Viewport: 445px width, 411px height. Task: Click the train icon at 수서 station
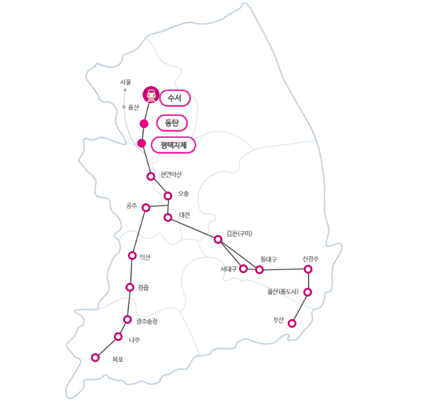151,95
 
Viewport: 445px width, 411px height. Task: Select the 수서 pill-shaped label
175,98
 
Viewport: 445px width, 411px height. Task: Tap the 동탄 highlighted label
172,123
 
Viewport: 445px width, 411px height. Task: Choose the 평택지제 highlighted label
173,145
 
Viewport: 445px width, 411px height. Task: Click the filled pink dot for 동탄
144,124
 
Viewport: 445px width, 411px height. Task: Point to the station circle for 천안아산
151,176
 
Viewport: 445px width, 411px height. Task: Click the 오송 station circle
168,196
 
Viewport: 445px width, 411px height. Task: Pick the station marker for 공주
146,207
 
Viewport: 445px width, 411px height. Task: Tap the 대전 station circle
168,217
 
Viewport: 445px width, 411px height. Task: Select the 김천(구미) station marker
218,239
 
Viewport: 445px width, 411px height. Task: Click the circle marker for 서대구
244,268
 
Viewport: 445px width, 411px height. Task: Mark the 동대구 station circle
259,270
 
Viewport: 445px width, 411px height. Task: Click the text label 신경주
310,259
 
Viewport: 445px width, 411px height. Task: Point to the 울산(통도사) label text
283,291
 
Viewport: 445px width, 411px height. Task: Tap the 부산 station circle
292,323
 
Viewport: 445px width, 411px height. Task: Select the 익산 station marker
132,256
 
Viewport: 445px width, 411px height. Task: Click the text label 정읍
143,287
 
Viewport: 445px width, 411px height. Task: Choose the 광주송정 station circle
127,320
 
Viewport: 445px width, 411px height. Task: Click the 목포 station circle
96,357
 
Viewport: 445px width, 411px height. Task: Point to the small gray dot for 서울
125,90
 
